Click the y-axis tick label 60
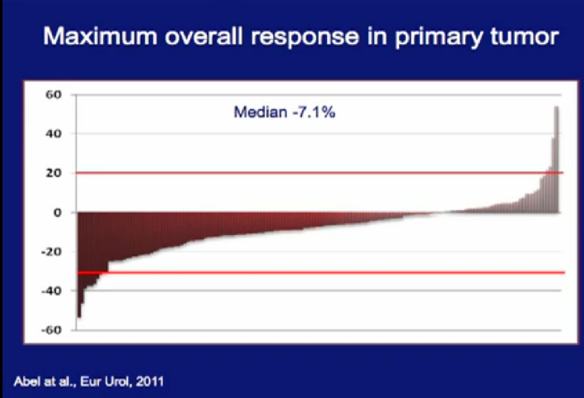coord(53,95)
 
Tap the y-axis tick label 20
coord(53,173)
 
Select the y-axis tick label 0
coord(57,213)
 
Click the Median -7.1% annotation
coord(285,112)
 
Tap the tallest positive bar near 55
coord(557,160)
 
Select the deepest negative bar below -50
coord(79,265)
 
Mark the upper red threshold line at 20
coord(319,173)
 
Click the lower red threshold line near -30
coord(320,273)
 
